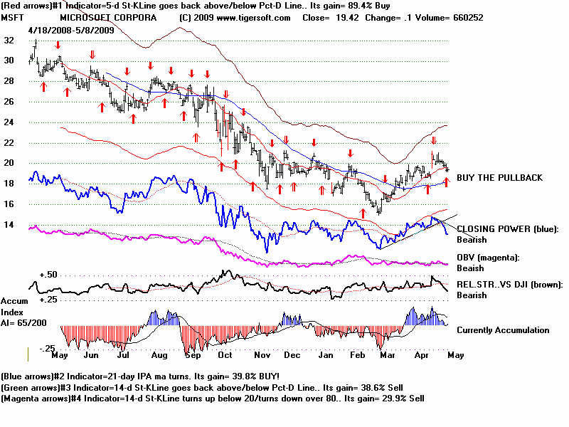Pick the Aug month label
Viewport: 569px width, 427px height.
coord(159,354)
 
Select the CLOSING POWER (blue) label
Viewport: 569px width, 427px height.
coord(508,229)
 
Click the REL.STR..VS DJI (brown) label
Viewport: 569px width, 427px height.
coord(509,285)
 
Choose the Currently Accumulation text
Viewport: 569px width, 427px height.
coord(503,330)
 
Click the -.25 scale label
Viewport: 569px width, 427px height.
coord(48,347)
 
